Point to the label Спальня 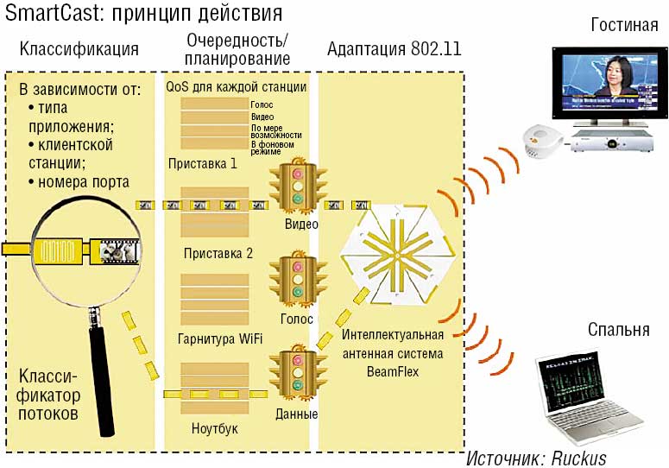(x=618, y=330)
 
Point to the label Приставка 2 (x=218, y=253)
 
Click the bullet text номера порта (x=83, y=181)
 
